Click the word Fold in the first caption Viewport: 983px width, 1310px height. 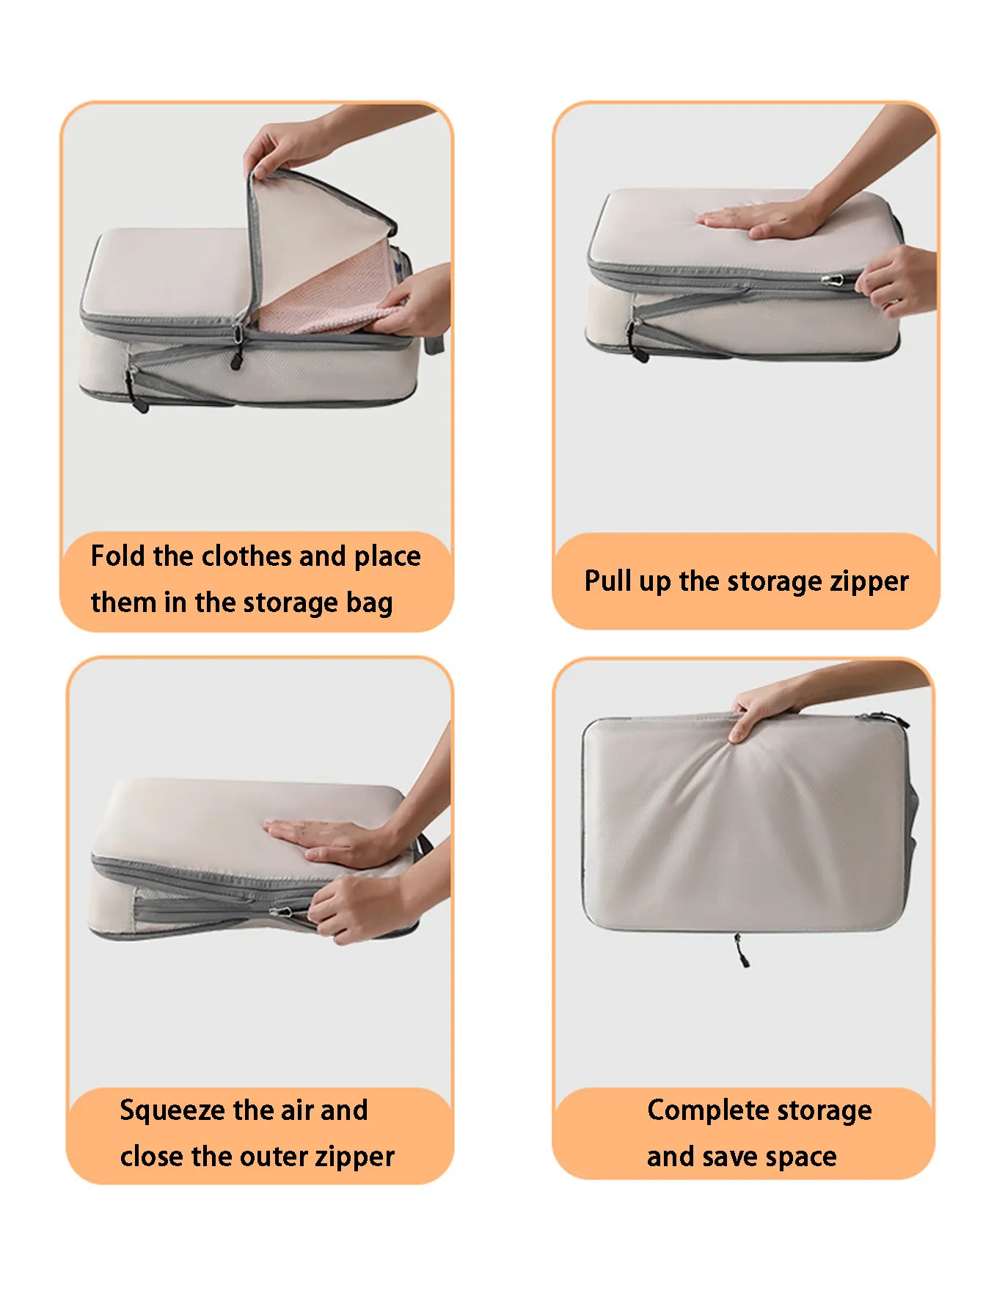coord(118,556)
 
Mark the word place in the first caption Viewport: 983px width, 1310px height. coord(387,556)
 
